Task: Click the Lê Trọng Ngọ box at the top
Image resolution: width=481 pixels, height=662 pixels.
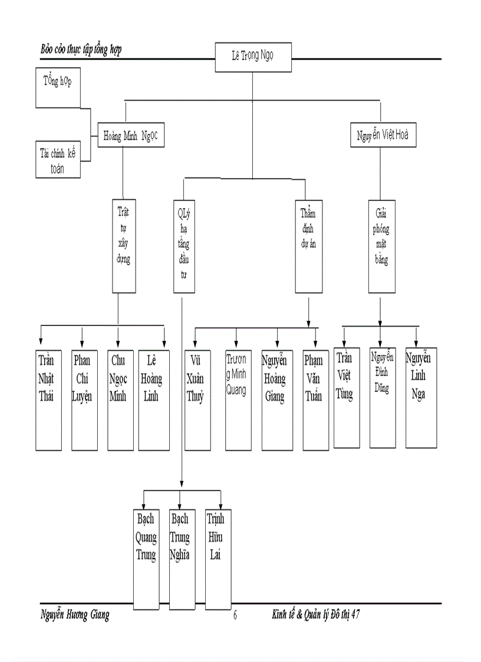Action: [252, 57]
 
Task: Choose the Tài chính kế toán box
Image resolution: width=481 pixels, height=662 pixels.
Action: [58, 160]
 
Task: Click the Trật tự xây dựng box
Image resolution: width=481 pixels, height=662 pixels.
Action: [123, 246]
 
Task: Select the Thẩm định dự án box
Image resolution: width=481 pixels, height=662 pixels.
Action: [309, 246]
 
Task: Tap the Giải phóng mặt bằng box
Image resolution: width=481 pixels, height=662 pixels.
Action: [382, 246]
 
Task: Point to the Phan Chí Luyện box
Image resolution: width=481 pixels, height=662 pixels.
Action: [83, 400]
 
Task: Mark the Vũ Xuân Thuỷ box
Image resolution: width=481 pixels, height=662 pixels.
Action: [197, 400]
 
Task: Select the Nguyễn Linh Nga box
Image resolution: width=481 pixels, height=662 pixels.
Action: [421, 397]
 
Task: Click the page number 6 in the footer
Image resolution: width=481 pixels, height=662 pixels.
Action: [235, 615]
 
